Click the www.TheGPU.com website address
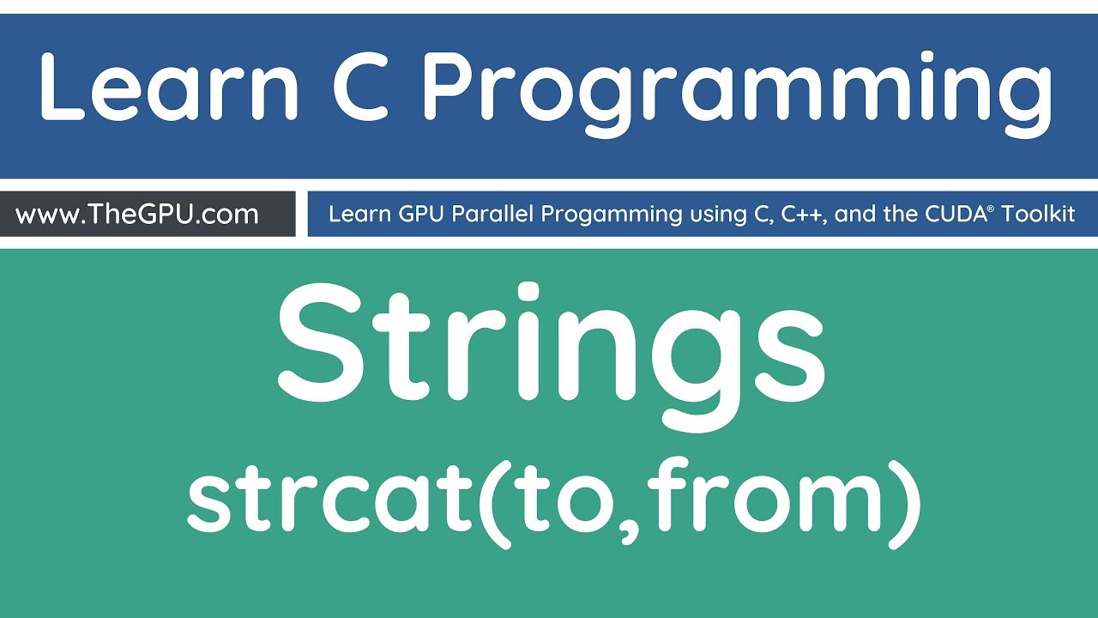(137, 214)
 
